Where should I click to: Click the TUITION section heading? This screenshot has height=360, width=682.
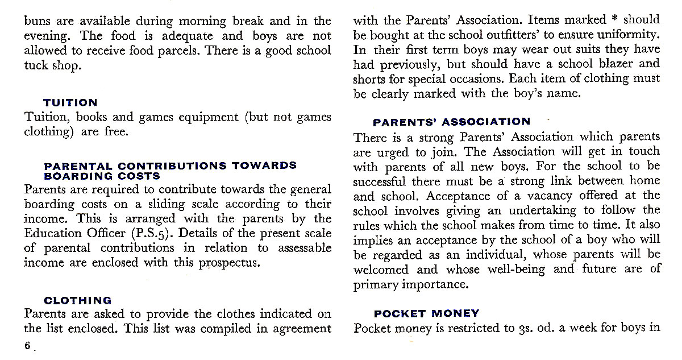point(70,103)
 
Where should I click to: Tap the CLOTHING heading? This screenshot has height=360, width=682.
point(78,300)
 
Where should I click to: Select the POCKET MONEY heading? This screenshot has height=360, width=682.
point(426,313)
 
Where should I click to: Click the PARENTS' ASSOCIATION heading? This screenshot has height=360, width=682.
point(451,122)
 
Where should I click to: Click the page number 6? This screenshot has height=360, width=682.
point(27,346)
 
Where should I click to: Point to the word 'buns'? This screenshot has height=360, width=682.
point(37,22)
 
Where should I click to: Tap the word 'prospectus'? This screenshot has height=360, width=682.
point(227,263)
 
